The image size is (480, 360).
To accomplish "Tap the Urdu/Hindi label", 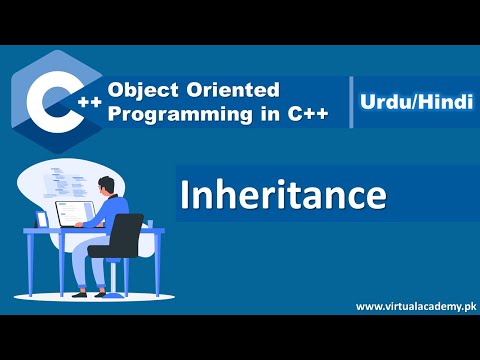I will [411, 102].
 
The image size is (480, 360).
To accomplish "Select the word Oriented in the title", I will [219, 90].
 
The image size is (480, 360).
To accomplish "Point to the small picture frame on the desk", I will [42, 219].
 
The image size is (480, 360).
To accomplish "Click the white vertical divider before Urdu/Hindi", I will [352, 102].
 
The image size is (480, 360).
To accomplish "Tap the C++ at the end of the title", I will [306, 114].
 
